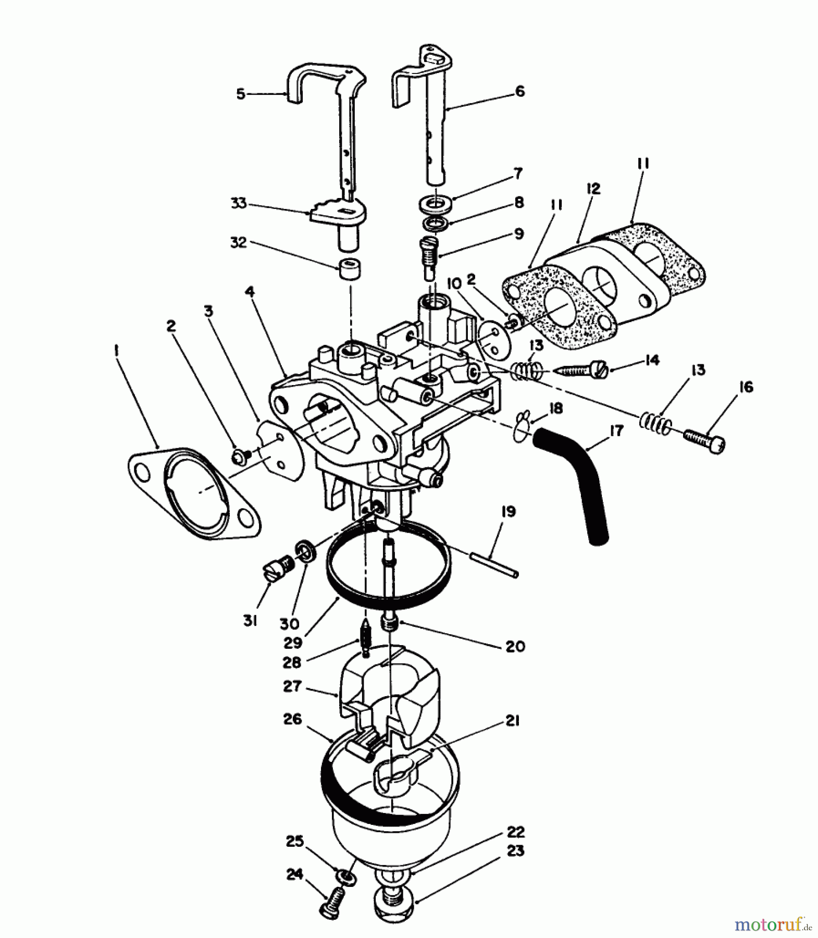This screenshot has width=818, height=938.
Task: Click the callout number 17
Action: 616,431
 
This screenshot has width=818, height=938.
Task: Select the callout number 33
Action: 239,203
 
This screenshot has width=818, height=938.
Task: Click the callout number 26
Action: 292,720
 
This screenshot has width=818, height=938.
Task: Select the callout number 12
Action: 593,189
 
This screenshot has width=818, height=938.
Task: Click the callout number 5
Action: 241,94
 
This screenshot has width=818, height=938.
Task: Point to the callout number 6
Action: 519,92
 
